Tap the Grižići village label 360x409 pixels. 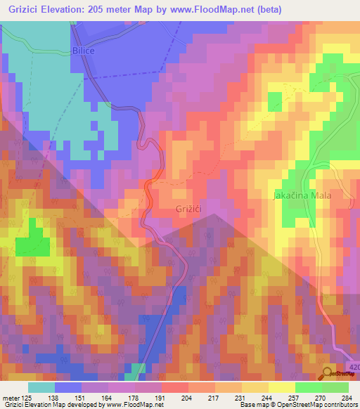click(x=190, y=209)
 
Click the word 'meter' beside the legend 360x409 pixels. click(x=13, y=398)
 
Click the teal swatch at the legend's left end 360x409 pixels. click(x=41, y=387)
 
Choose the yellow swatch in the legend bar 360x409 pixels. click(x=255, y=387)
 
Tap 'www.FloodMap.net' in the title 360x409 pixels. click(x=219, y=10)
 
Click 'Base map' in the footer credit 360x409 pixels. click(x=255, y=405)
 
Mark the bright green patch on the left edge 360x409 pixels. click(x=32, y=246)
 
